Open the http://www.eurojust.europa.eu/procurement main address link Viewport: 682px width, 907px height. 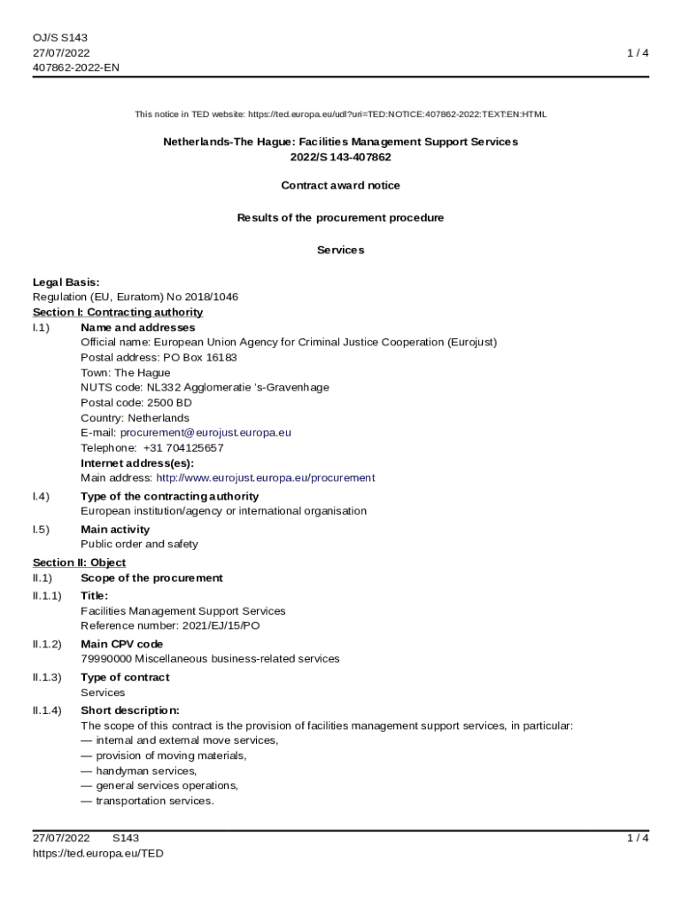265,477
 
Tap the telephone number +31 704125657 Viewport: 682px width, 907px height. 183,447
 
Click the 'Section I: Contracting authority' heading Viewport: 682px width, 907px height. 118,312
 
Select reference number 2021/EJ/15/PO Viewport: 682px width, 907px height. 216,625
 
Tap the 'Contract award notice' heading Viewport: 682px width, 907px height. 340,185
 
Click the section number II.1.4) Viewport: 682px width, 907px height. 47,710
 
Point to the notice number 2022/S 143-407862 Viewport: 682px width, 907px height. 340,157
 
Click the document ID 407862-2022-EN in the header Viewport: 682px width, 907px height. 76,67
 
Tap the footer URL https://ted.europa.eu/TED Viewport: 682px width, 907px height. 98,853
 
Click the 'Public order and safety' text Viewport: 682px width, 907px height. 139,544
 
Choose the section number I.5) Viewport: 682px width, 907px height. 41,530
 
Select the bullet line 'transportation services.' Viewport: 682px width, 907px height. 155,801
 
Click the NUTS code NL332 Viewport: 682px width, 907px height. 164,387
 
